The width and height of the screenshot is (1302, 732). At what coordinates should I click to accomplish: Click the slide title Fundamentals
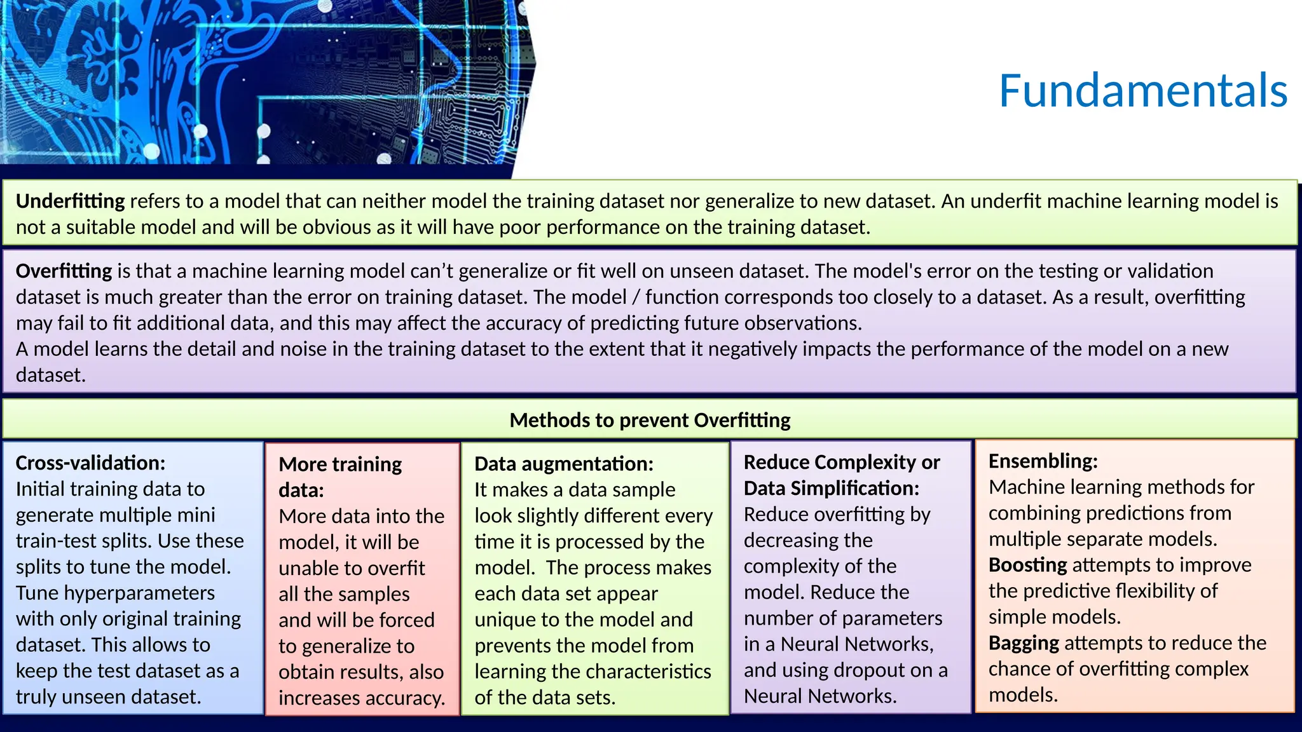coord(1142,90)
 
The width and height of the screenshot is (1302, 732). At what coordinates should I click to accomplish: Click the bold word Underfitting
coord(70,201)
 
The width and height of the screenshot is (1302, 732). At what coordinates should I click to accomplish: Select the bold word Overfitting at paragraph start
coord(64,271)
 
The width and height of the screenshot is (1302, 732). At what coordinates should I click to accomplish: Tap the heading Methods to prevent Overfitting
coord(650,420)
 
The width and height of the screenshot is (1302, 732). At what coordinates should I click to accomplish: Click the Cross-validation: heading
coord(90,463)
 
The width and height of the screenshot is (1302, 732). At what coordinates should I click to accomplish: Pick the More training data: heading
coord(339,477)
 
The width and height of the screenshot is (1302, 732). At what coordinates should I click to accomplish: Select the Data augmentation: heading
coord(563,464)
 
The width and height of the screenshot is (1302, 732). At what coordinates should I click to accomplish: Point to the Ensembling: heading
coord(1043,461)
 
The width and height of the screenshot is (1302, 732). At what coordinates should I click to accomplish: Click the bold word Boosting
coord(1027,565)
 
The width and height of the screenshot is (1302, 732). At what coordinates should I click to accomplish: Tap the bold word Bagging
coord(1024,643)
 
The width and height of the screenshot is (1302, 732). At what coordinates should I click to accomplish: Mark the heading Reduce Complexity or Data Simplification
coord(841,475)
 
